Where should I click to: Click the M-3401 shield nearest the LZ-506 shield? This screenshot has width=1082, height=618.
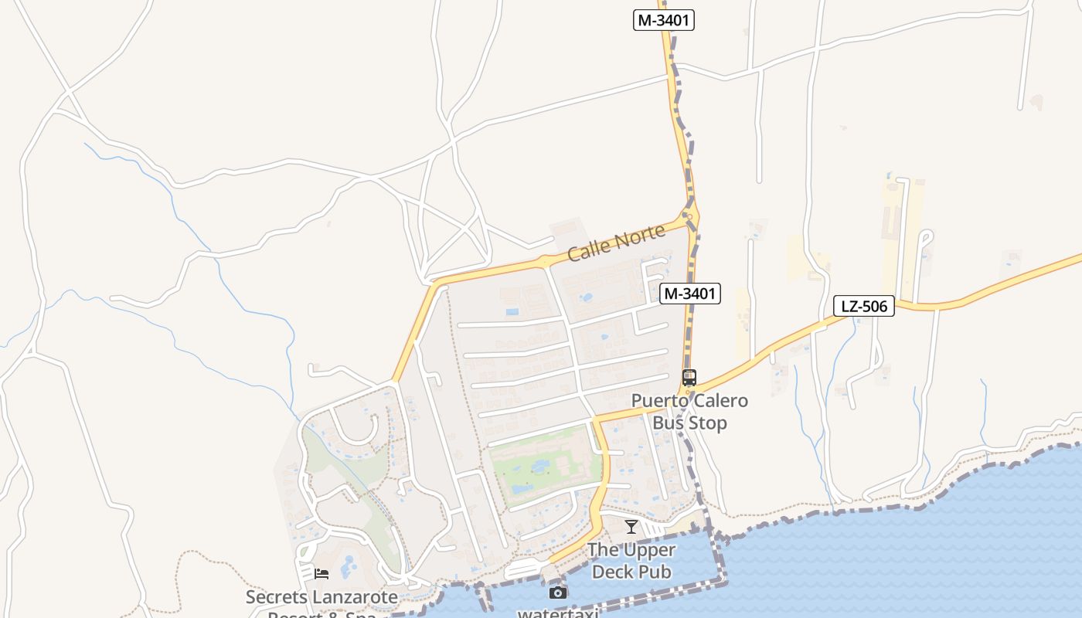[690, 294]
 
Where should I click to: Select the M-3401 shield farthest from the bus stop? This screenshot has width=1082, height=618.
[664, 21]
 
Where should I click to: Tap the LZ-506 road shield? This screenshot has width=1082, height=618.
[863, 307]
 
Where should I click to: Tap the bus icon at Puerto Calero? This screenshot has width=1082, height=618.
[689, 378]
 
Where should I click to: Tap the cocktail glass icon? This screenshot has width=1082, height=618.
[631, 527]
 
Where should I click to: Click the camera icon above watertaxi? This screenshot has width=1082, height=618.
[557, 593]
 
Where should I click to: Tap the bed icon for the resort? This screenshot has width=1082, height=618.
[322, 574]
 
